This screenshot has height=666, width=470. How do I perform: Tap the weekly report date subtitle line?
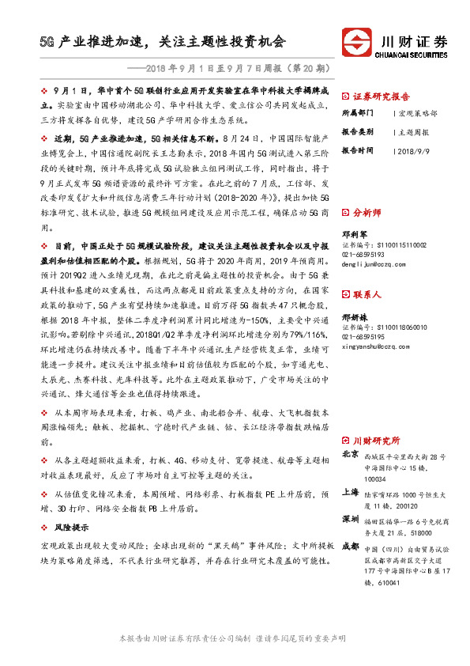click(236, 69)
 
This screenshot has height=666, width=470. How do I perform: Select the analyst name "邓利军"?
click(354, 234)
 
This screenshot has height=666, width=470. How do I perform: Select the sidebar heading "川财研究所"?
click(376, 440)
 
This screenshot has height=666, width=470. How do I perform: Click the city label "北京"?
click(351, 455)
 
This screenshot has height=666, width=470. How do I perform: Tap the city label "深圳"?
click(351, 519)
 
